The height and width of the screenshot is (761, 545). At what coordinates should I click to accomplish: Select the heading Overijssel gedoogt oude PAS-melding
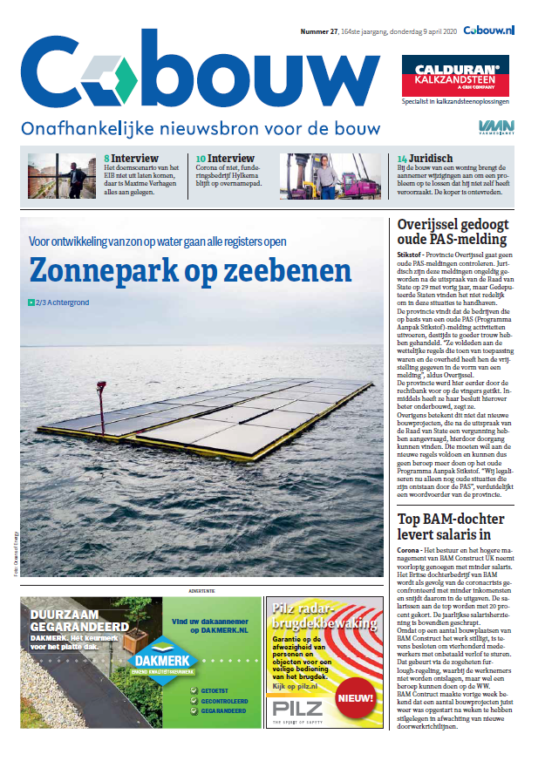pyautogui.click(x=452, y=231)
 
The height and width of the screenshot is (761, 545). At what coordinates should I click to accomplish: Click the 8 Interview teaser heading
pyautogui.click(x=132, y=160)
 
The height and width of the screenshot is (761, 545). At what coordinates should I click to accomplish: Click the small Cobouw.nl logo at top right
pyautogui.click(x=488, y=31)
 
